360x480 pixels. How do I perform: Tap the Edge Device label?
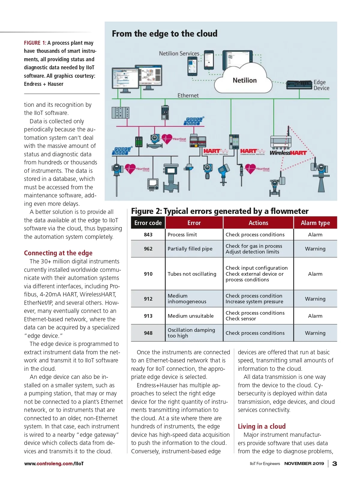321,85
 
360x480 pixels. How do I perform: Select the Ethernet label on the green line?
188,95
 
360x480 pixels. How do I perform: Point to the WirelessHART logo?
288,153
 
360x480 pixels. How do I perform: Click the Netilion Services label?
179,53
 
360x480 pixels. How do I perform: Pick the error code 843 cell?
148,235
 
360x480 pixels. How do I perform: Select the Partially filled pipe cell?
190,249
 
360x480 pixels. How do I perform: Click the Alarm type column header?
315,223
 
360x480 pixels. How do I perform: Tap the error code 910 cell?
148,274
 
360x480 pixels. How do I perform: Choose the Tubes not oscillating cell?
192,274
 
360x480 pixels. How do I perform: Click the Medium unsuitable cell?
191,316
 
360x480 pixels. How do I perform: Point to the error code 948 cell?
148,333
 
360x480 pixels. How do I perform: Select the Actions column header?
258,223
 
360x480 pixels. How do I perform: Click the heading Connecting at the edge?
58,253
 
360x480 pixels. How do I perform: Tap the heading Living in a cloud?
262,426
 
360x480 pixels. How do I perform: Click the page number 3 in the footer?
335,463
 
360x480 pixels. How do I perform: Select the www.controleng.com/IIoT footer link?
54,463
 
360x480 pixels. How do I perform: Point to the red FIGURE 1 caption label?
35,43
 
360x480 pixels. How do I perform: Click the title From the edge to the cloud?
165,34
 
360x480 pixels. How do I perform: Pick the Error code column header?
148,223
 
